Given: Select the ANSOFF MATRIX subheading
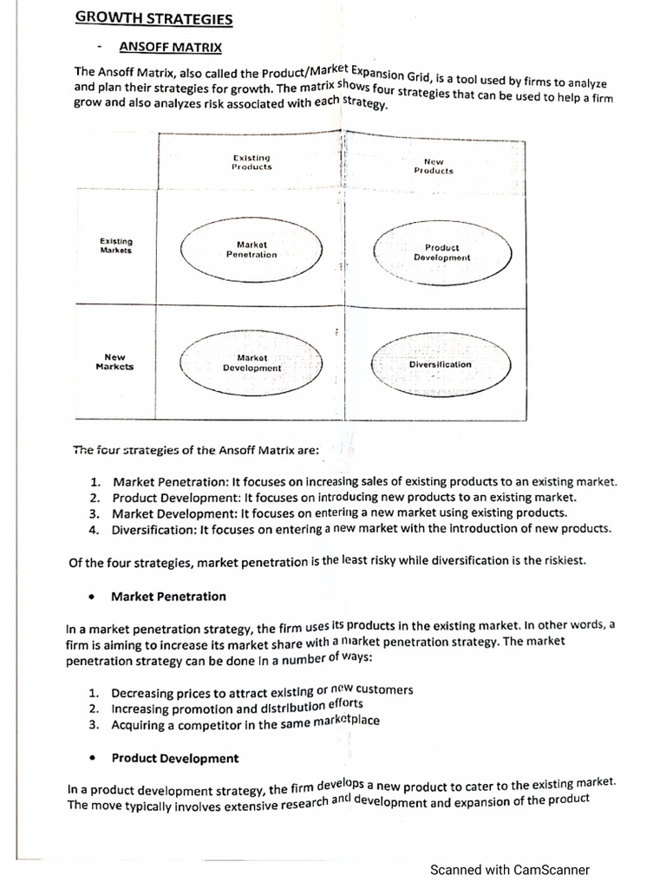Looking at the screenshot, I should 170,47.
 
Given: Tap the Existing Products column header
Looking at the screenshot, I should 251,161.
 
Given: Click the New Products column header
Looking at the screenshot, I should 434,166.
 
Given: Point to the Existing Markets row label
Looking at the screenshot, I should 116,245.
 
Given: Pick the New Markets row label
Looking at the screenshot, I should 114,362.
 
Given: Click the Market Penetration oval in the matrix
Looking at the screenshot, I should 251,250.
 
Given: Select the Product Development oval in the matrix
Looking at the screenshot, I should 441,252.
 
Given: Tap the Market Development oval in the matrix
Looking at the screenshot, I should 251,362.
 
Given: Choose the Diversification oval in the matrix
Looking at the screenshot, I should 441,364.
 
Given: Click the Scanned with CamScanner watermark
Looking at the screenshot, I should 510,869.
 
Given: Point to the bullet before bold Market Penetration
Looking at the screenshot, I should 92,597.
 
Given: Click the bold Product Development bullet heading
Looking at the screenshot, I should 174,758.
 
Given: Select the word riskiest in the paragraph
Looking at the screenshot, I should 561,560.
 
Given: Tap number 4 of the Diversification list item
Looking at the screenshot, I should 93,528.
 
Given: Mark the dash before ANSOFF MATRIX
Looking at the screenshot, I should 100,48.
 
